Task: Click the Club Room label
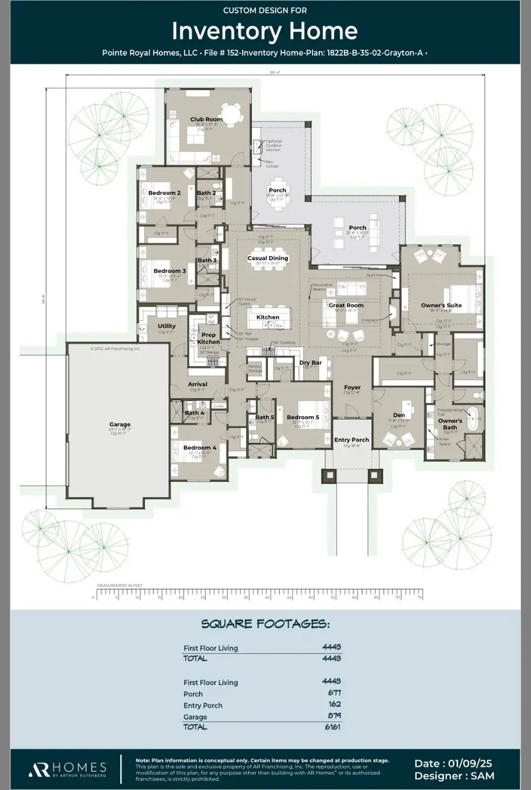click(206, 119)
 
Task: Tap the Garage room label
click(120, 424)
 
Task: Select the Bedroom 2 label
click(165, 193)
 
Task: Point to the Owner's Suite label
click(441, 305)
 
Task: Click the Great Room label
click(346, 305)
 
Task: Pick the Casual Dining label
click(268, 258)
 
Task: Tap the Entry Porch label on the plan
click(352, 440)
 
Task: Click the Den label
click(399, 415)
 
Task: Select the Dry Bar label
click(310, 363)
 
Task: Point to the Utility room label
click(166, 326)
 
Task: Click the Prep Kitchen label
click(208, 338)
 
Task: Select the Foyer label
click(352, 388)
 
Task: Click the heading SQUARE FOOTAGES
click(265, 624)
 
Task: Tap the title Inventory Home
click(265, 31)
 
